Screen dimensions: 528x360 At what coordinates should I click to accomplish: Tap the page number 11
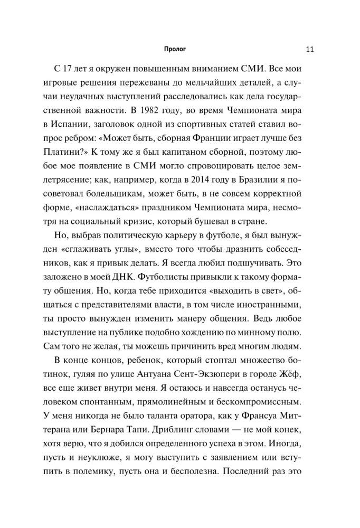(x=310, y=50)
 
